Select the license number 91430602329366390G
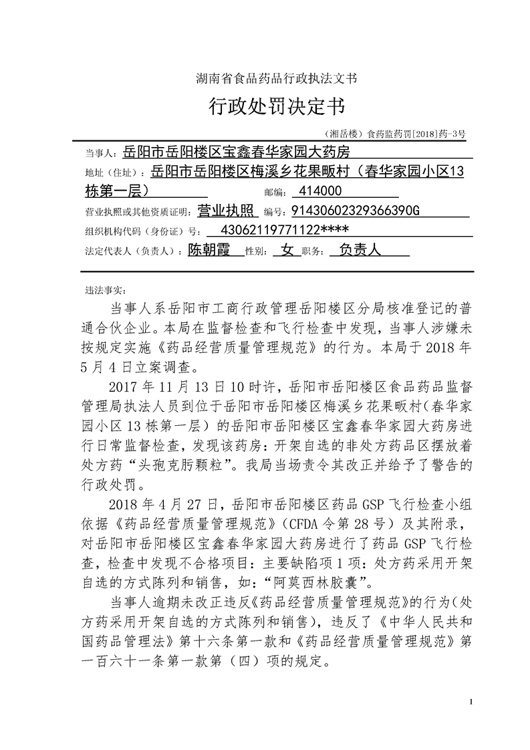[x=354, y=211]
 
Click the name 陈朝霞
[x=209, y=251]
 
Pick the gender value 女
[x=287, y=251]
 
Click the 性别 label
[x=257, y=252]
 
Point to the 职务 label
[x=313, y=252]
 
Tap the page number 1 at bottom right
[x=471, y=701]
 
